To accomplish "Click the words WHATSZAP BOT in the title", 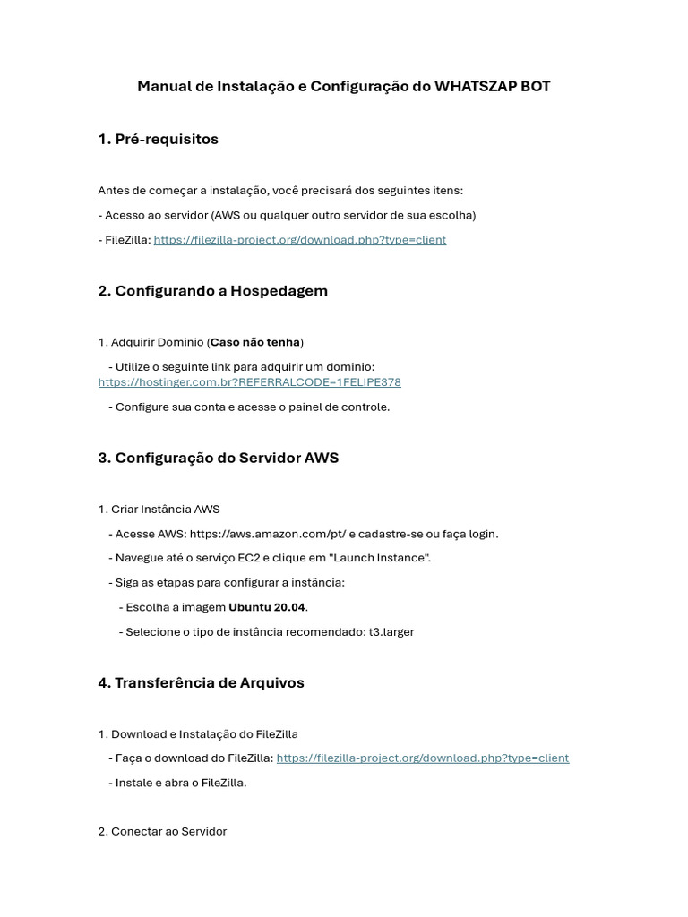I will (x=492, y=87).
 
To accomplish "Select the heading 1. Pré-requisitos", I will (x=158, y=139).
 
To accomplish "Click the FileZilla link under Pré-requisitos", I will (x=299, y=240).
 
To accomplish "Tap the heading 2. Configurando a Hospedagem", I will (x=212, y=291).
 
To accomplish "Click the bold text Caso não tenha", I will (x=255, y=342).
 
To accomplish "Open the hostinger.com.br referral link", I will (x=249, y=382).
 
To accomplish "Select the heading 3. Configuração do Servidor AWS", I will (x=218, y=458).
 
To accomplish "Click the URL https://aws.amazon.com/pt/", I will (x=267, y=534).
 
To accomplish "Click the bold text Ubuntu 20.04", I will (x=267, y=607).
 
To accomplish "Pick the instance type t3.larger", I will (x=391, y=632).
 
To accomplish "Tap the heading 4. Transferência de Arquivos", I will (x=201, y=682).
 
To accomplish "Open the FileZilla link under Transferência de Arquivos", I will (x=422, y=758).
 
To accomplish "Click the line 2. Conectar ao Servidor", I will (x=162, y=832).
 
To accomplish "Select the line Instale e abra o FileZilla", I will (x=177, y=783).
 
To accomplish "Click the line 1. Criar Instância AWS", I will (x=159, y=510).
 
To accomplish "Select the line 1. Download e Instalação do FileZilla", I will (x=198, y=734).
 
